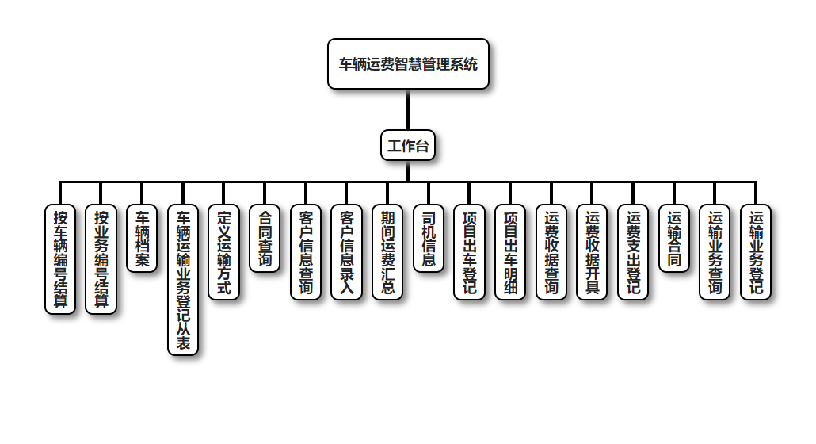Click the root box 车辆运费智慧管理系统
click(x=408, y=64)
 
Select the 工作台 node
click(x=408, y=145)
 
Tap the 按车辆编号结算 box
click(x=60, y=259)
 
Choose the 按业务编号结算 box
click(x=101, y=259)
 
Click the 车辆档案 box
click(x=143, y=239)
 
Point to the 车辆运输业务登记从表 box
click(x=183, y=280)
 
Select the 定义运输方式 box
click(x=224, y=252)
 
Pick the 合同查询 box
click(x=265, y=239)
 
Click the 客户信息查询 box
click(x=306, y=252)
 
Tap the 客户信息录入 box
click(x=346, y=252)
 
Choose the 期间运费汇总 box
click(x=387, y=252)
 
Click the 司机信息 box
click(x=429, y=239)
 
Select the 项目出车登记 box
click(x=469, y=252)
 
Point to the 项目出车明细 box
click(x=510, y=252)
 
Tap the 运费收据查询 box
click(x=551, y=252)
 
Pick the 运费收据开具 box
click(x=592, y=252)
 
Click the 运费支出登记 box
click(x=633, y=252)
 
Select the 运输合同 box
click(x=674, y=239)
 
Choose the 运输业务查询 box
click(x=715, y=252)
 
